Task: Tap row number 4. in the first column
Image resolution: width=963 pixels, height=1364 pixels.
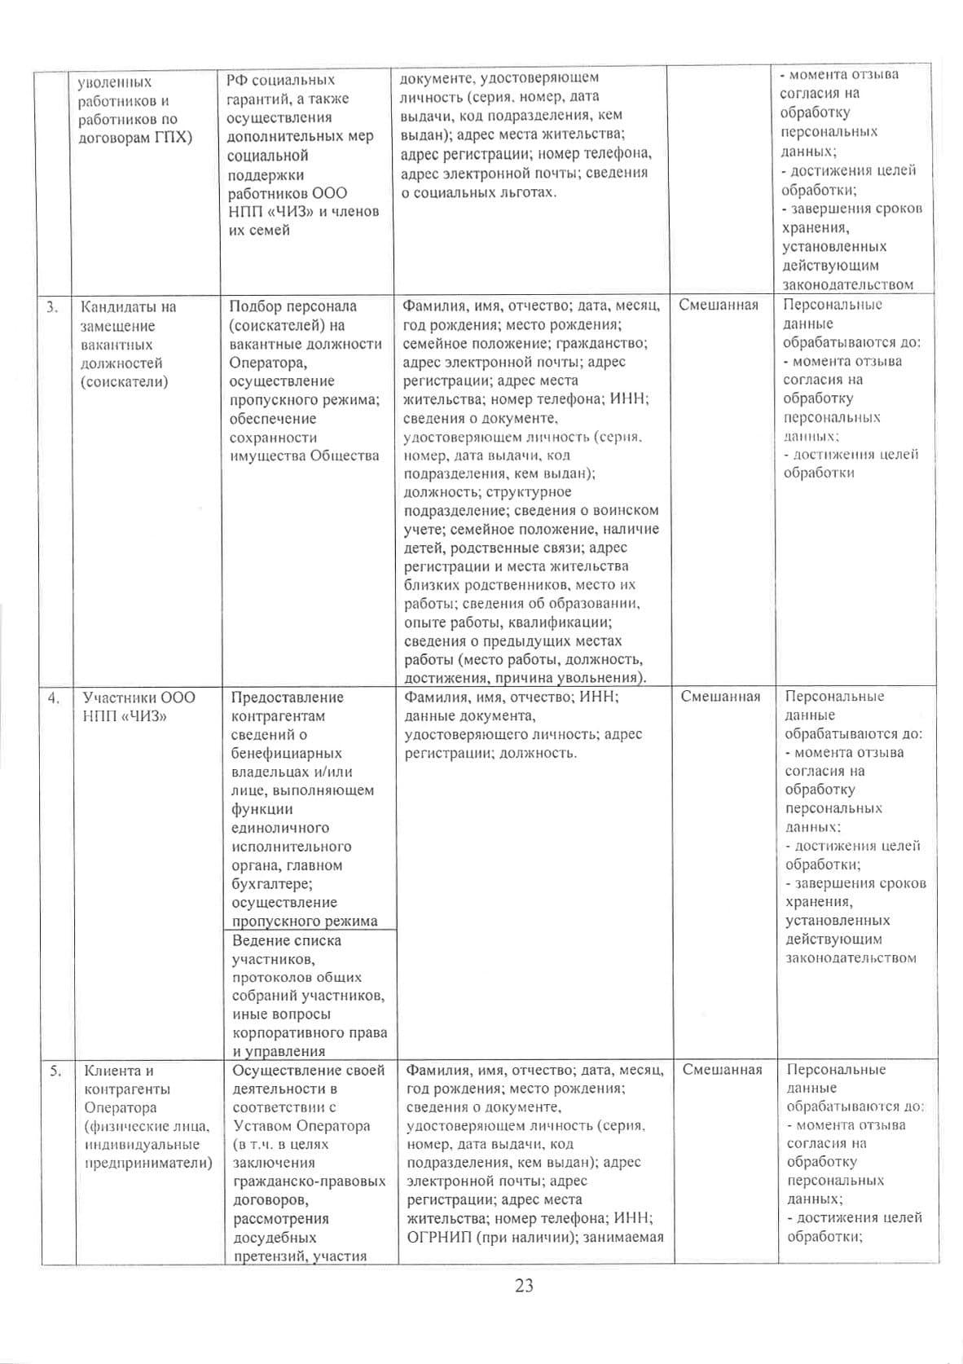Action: pyautogui.click(x=53, y=697)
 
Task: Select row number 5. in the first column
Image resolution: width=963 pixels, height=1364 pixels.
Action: pyautogui.click(x=55, y=1071)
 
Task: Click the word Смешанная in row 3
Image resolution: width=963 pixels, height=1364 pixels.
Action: pyautogui.click(x=718, y=305)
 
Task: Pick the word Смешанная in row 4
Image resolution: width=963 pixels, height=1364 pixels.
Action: pyautogui.click(x=720, y=696)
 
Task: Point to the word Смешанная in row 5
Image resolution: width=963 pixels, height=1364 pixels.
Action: pyautogui.click(x=722, y=1069)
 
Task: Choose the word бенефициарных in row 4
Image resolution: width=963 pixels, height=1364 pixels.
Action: pyautogui.click(x=286, y=753)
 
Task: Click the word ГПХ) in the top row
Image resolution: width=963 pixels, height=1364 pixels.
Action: pyautogui.click(x=174, y=137)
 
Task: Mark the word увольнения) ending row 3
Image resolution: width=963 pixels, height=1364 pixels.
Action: pyautogui.click(x=597, y=678)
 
